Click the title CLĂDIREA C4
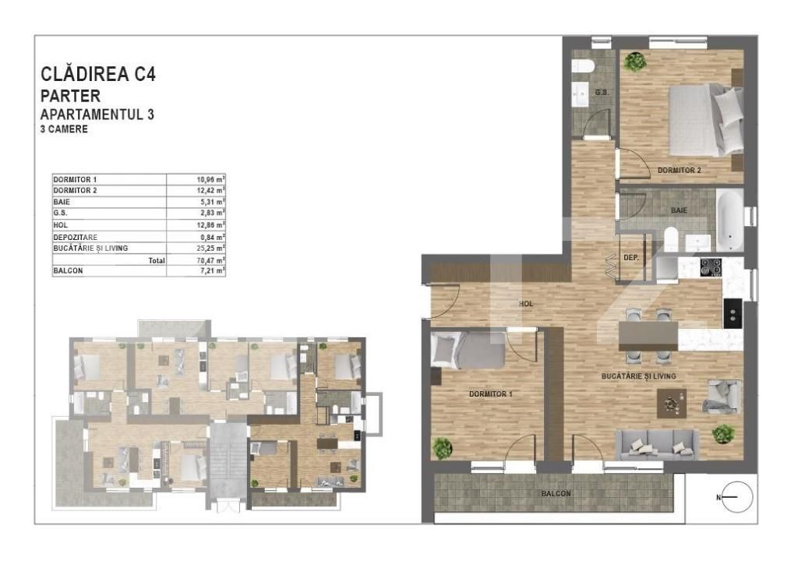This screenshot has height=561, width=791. click(98, 75)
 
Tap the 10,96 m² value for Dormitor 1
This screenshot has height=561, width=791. click(210, 179)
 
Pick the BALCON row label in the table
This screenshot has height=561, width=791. click(69, 271)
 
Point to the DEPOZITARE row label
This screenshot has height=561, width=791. click(76, 237)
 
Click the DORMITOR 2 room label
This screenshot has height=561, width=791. click(679, 170)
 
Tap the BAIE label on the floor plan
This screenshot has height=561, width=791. click(680, 210)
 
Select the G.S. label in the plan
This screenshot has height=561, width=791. click(601, 93)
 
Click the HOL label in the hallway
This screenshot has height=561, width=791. click(526, 304)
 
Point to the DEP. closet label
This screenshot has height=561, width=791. click(632, 258)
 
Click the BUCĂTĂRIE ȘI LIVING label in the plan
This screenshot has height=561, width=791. click(638, 376)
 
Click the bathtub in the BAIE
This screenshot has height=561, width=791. click(730, 219)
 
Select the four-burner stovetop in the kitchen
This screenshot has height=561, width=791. click(711, 267)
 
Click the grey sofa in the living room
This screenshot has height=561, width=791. click(655, 444)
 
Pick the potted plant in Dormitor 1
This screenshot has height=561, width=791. click(443, 447)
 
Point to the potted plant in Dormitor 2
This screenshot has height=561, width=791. click(635, 61)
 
